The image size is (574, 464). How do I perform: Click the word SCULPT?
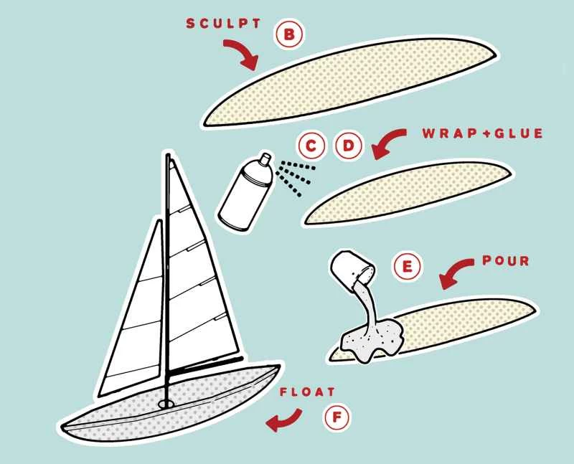(223, 24)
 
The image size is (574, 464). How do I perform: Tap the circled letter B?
(289, 35)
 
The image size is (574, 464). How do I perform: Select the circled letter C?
(311, 146)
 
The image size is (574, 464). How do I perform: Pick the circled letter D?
(349, 146)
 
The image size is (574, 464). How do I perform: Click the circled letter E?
(407, 267)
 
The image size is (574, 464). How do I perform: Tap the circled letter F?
(337, 417)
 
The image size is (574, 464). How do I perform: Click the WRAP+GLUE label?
(482, 133)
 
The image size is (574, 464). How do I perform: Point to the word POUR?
(506, 260)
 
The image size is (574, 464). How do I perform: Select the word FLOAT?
(307, 392)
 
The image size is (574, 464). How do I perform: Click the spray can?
(245, 192)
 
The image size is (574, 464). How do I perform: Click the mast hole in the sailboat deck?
(167, 404)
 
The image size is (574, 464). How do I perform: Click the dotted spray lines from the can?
(295, 177)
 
